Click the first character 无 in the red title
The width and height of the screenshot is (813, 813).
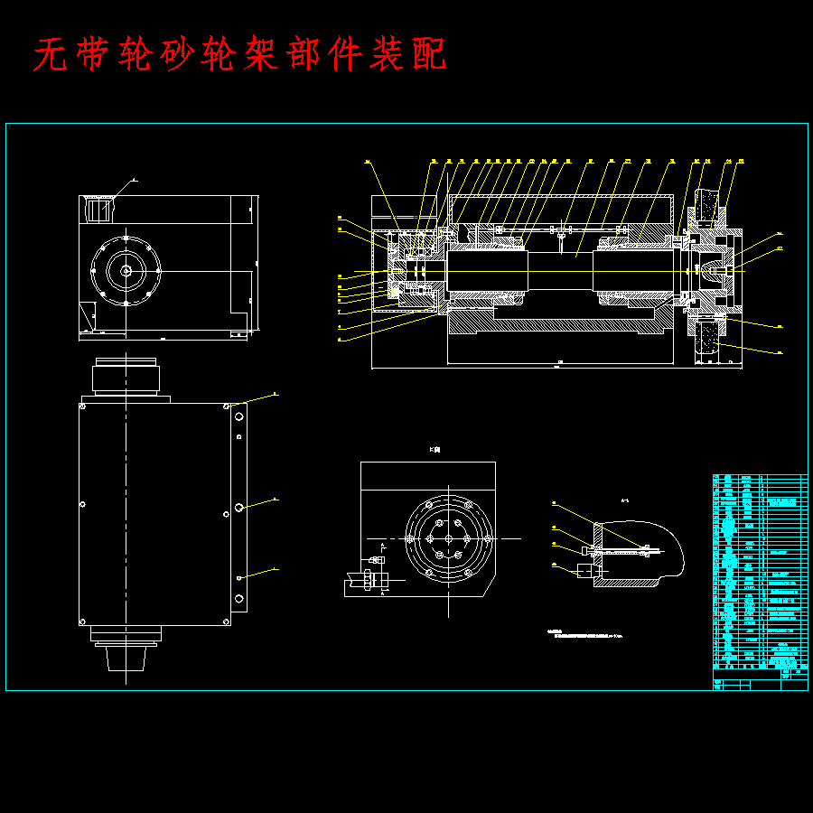click(51, 56)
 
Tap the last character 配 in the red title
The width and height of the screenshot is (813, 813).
click(426, 56)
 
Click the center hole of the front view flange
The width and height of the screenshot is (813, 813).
click(126, 269)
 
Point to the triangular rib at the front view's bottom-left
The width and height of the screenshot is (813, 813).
click(88, 316)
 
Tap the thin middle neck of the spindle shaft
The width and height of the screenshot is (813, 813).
click(560, 270)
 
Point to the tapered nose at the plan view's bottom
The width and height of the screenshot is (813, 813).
click(126, 658)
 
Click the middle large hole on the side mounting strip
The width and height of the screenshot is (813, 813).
click(239, 508)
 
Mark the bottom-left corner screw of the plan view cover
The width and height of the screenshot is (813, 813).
click(83, 621)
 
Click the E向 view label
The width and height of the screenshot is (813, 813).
click(435, 450)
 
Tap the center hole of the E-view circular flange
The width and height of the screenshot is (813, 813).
click(449, 539)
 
